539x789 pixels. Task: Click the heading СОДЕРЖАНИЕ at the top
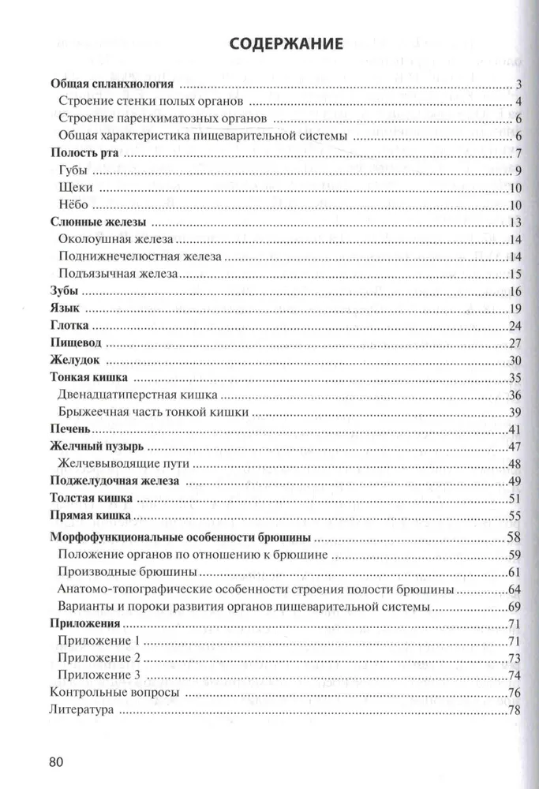tap(285, 44)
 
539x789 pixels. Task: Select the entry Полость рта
tap(84, 154)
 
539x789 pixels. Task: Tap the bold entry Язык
tap(65, 308)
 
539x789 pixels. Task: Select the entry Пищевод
tap(77, 343)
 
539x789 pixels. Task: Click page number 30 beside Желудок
tap(516, 361)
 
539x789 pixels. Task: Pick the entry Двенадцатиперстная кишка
tap(138, 394)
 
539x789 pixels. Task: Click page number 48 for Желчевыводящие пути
tap(516, 464)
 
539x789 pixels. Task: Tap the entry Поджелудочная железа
tap(114, 481)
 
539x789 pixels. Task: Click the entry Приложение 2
tap(99, 657)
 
